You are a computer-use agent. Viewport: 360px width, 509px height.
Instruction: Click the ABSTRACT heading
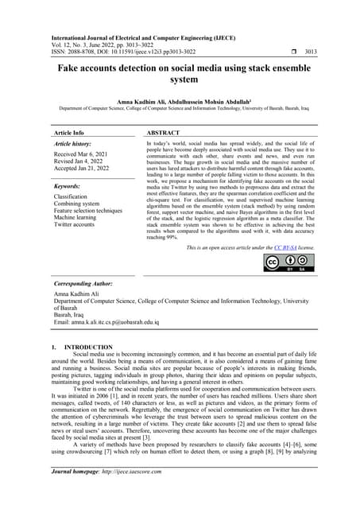166,133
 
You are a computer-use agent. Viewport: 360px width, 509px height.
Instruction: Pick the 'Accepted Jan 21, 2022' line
84,172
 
